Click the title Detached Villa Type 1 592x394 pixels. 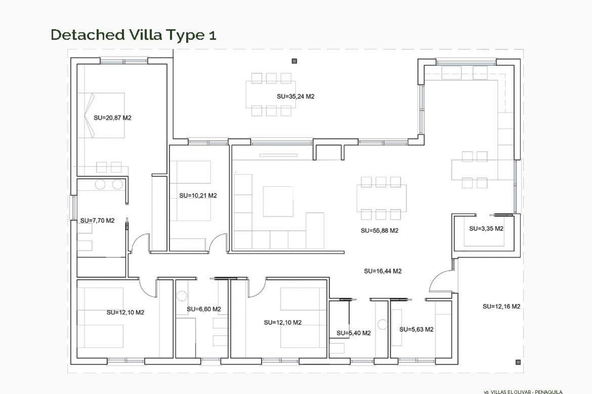(x=133, y=35)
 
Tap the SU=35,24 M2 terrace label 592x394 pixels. (x=295, y=96)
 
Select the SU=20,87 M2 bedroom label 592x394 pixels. (x=112, y=118)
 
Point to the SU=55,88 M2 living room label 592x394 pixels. (x=379, y=231)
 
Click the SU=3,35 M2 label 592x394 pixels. (x=486, y=228)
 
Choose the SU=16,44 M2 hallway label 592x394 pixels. (x=382, y=271)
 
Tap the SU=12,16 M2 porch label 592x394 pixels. (x=501, y=306)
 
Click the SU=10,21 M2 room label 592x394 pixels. (x=198, y=195)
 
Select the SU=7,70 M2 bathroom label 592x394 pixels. (x=97, y=220)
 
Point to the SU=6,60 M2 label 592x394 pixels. (x=203, y=309)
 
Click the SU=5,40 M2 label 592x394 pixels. (x=353, y=333)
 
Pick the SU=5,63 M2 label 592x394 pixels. (x=416, y=329)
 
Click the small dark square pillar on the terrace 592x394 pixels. (x=294, y=61)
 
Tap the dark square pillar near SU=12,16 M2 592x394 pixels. (x=518, y=362)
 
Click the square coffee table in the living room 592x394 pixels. (x=278, y=201)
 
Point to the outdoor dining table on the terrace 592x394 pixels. (x=271, y=94)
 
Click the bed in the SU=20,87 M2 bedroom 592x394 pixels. (x=102, y=115)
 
